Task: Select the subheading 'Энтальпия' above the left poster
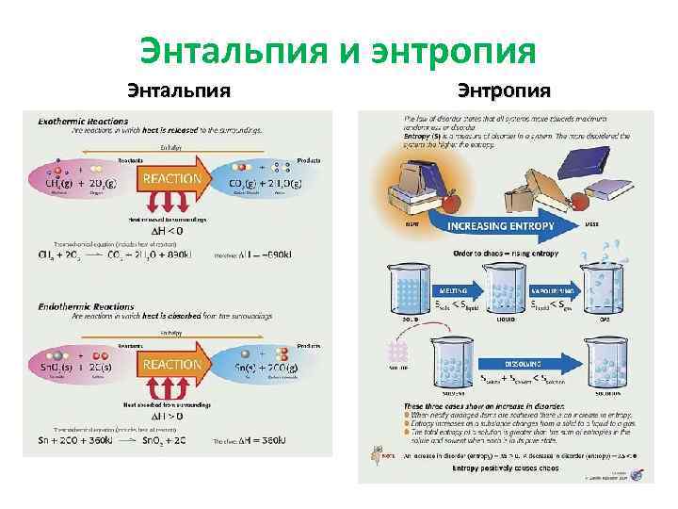click(x=179, y=91)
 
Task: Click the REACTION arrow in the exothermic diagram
click(x=172, y=179)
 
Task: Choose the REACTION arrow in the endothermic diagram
click(x=172, y=365)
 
